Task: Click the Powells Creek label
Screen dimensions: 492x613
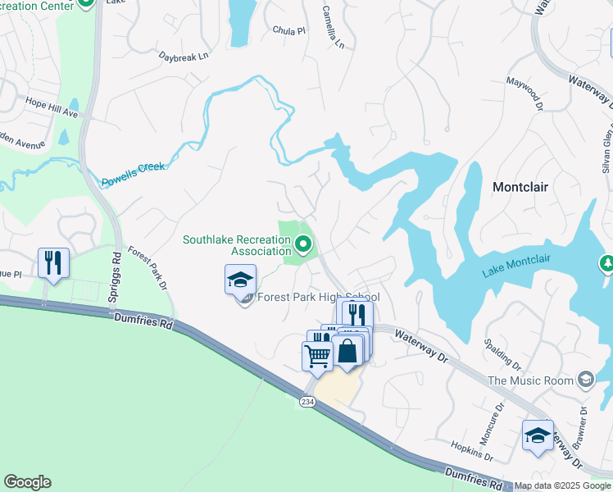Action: pos(133,175)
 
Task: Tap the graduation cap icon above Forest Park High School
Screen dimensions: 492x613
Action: pos(241,280)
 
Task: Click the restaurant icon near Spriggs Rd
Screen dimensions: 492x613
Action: pos(53,263)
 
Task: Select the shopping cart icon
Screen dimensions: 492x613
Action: pos(317,355)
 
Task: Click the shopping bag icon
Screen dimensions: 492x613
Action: pos(347,350)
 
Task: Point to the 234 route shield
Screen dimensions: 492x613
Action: pos(306,402)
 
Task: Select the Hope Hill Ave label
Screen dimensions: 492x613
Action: pos(51,107)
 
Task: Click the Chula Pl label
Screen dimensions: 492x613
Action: pos(288,31)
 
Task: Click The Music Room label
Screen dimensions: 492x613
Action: pos(529,380)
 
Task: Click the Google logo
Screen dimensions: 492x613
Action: pos(27,482)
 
